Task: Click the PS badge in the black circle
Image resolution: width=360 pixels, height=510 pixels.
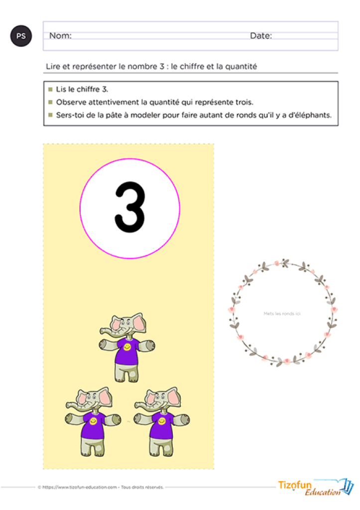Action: pos(21,36)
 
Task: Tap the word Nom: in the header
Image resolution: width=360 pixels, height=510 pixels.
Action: pos(60,36)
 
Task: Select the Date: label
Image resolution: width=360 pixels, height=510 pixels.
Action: pos(260,36)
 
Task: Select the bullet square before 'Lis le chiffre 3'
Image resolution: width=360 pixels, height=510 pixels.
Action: pos(50,89)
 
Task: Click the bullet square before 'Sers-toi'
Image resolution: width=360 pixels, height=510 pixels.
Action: pos(50,116)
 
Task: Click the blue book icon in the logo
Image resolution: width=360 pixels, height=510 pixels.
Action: pos(349,486)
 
